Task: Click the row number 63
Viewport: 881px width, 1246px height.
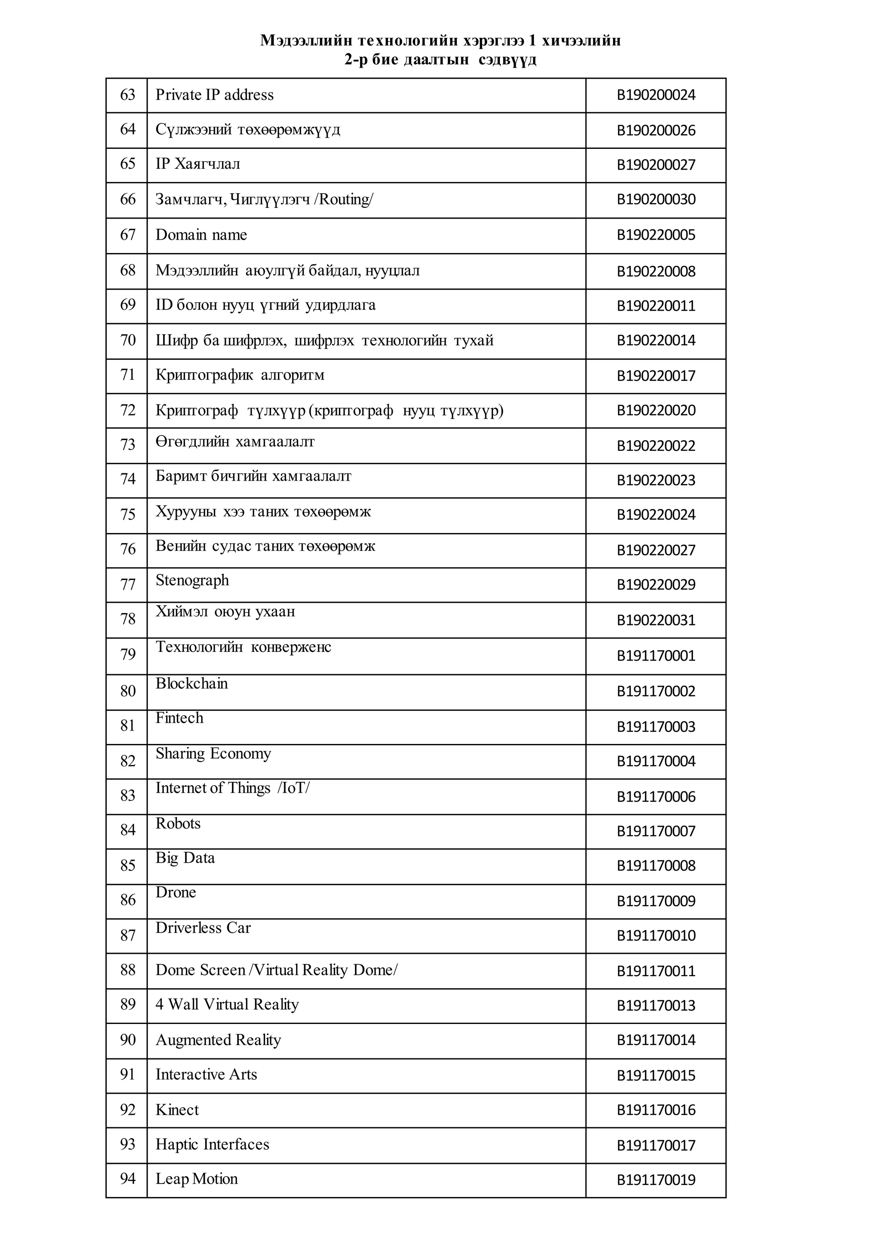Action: tap(127, 95)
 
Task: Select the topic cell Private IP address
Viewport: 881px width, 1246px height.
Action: tap(214, 95)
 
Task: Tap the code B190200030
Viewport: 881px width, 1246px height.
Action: tap(656, 200)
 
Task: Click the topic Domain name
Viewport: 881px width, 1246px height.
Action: tap(201, 235)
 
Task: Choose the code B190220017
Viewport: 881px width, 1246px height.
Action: tap(656, 376)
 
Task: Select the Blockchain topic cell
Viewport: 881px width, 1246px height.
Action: tap(191, 683)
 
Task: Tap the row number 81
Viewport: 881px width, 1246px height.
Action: tap(127, 725)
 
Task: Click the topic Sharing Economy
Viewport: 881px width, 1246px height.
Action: tap(213, 754)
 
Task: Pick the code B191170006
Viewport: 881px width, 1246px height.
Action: tap(656, 797)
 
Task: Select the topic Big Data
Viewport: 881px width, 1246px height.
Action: tap(185, 858)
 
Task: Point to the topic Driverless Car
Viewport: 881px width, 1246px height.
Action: tap(203, 928)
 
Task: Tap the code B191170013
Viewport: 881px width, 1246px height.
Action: tap(656, 1005)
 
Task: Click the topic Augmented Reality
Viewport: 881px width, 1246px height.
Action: tap(218, 1040)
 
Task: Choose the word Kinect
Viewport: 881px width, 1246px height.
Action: tap(177, 1110)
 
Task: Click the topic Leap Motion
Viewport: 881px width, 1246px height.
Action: tap(197, 1179)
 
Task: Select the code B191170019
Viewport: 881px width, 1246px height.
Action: tap(656, 1180)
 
